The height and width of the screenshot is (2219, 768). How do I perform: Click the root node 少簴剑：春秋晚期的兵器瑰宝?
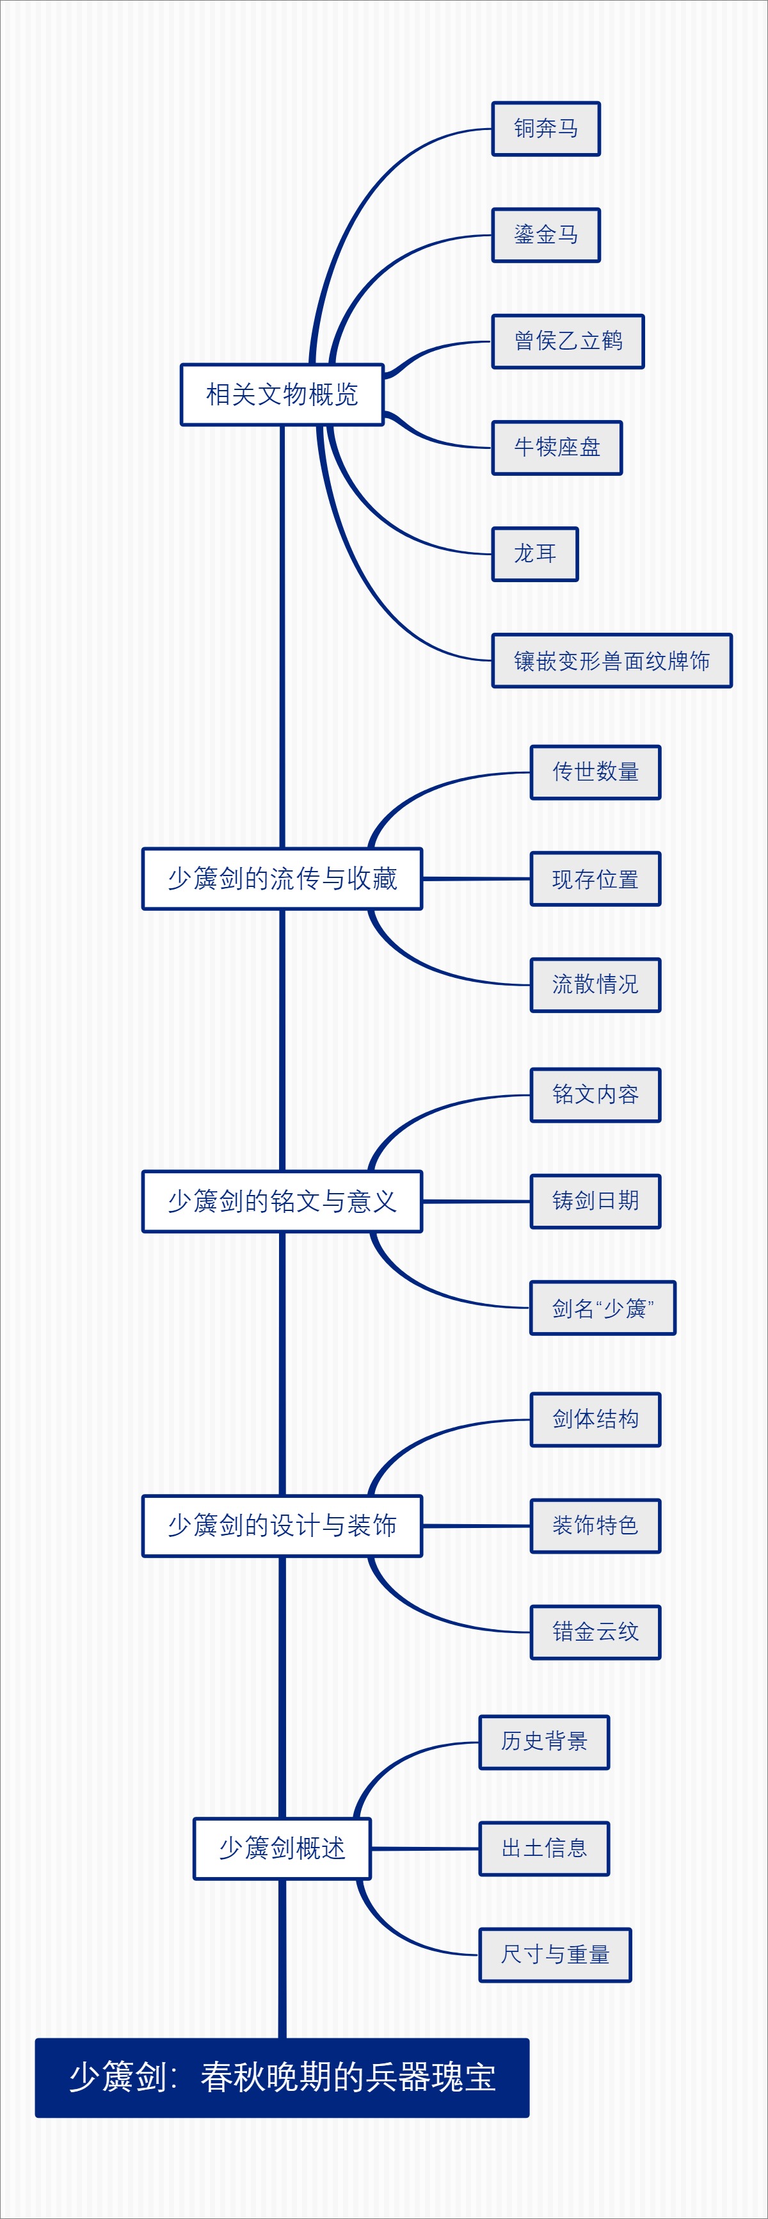[x=282, y=2077]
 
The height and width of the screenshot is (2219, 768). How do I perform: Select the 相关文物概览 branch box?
[x=282, y=394]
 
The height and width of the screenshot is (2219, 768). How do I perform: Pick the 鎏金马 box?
[x=546, y=235]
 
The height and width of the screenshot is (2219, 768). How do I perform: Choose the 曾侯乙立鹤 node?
[x=568, y=341]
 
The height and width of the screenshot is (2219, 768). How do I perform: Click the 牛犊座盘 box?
[x=556, y=448]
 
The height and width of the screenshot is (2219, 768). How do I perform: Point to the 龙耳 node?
[x=534, y=554]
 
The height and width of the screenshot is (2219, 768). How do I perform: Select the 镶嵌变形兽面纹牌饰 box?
[x=611, y=661]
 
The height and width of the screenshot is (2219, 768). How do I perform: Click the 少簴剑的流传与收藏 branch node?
[x=282, y=879]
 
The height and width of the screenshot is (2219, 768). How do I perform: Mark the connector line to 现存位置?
[x=476, y=879]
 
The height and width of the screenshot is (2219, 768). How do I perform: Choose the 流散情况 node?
[x=595, y=984]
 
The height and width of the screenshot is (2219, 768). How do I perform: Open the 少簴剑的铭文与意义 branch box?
[x=282, y=1201]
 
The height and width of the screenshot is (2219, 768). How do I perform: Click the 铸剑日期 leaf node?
[x=595, y=1201]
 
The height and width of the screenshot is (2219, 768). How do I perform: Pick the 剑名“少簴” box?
[x=603, y=1308]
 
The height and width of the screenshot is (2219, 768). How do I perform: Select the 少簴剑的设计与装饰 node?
[x=282, y=1525]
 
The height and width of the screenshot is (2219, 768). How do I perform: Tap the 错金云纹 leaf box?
[x=595, y=1632]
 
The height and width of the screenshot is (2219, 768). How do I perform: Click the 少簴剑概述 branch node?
[x=282, y=1849]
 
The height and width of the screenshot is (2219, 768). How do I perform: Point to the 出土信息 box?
[x=544, y=1849]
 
